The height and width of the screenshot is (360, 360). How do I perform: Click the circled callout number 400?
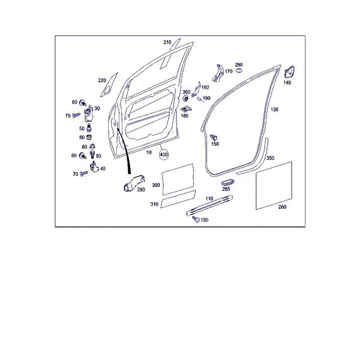pos(163,155)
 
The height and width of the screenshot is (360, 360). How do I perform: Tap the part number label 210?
pos(167,42)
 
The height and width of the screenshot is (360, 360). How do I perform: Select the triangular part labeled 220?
pos(109,85)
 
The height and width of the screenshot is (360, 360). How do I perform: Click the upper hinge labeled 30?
pos(89,113)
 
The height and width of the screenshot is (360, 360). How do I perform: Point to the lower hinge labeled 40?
pos(94,167)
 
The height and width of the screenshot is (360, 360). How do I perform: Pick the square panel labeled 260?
pos(274,185)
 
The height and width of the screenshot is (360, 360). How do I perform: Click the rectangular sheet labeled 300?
pos(178,179)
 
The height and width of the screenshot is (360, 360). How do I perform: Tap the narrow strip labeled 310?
pos(178,199)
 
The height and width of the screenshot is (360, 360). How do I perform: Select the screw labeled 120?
pos(196,219)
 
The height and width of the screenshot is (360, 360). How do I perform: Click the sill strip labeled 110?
pos(209,206)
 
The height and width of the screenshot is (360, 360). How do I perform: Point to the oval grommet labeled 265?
pos(228,182)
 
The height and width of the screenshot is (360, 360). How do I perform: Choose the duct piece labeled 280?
pos(134,184)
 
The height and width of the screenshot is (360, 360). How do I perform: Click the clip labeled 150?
pos(214,137)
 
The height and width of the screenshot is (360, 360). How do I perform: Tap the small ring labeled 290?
pos(239,70)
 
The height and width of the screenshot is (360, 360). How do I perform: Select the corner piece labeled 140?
pos(289,73)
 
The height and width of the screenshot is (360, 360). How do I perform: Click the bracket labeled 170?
pos(218,73)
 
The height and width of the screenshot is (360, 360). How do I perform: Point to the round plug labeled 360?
pos(185,98)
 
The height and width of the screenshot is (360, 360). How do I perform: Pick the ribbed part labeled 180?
pos(186,109)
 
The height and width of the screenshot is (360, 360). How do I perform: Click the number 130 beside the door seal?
pos(274,110)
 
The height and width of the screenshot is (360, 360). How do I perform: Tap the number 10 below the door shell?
pos(149,152)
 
